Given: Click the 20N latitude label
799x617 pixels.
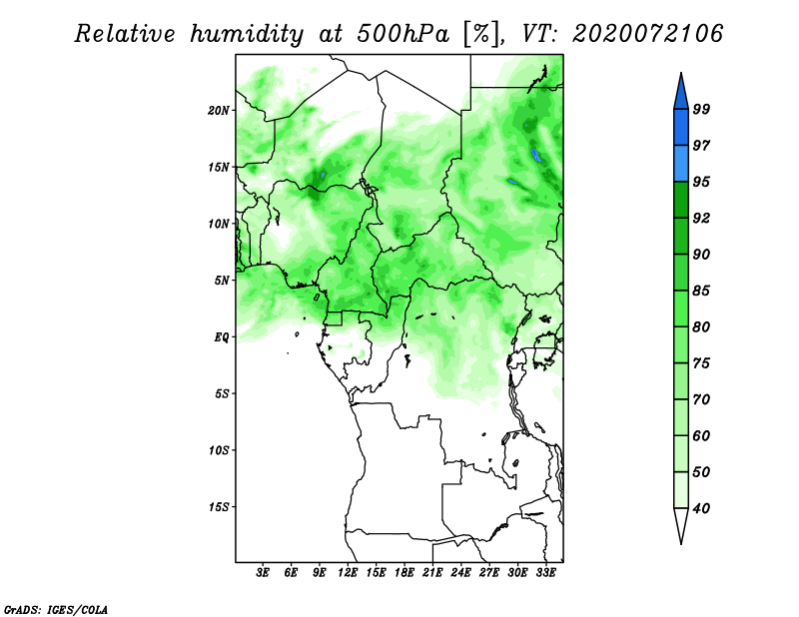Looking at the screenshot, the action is [219, 111].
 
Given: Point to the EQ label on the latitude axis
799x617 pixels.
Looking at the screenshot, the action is [222, 337].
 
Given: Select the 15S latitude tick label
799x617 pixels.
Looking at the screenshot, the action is [219, 507].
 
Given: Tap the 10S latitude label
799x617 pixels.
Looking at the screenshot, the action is [219, 450].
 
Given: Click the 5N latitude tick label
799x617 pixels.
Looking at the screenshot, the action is [222, 281].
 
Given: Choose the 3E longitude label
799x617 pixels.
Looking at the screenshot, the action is [263, 573].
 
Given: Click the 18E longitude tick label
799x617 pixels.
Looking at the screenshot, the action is [404, 573].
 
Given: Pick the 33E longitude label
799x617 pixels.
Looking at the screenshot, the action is [545, 573].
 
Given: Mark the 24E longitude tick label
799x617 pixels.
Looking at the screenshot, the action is [460, 573].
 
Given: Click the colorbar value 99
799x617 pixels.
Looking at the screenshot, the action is [702, 109].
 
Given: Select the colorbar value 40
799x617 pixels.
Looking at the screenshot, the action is [702, 508].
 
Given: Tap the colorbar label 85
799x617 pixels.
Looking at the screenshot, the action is [702, 291].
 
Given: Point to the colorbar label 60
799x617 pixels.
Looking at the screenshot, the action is [702, 435].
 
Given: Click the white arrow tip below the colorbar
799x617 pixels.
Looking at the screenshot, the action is [681, 543].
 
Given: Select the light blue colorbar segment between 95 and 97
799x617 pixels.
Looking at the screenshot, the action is [681, 164].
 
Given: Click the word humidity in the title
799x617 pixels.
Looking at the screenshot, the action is [247, 35].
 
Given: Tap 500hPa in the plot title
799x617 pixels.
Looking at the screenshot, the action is [403, 34].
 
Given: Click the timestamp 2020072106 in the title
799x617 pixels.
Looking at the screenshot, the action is [647, 34].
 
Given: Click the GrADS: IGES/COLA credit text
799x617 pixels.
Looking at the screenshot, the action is [56, 610].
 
